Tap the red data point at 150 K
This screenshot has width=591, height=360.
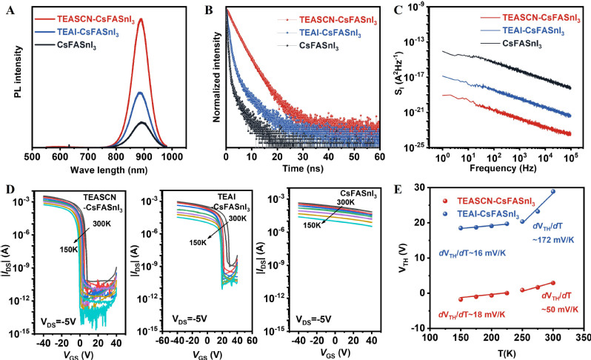pyautogui.click(x=460, y=299)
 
